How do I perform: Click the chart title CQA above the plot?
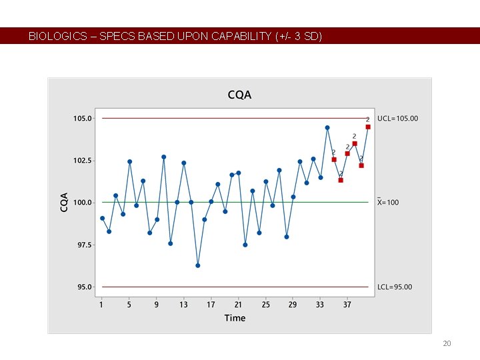(239, 95)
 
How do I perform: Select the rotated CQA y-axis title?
(65, 202)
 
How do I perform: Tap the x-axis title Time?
(235, 317)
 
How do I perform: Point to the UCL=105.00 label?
(397, 119)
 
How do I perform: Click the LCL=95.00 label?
(395, 287)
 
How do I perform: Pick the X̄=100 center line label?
(388, 202)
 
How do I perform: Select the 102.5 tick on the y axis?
(83, 161)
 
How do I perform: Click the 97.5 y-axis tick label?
(85, 245)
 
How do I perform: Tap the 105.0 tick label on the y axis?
(83, 119)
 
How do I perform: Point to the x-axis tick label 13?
(183, 305)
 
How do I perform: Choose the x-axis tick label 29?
(293, 305)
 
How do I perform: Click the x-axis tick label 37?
(347, 305)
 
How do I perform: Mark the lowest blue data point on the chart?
(197, 265)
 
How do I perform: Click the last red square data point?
(368, 127)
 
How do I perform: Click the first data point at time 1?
(102, 218)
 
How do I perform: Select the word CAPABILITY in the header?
(241, 37)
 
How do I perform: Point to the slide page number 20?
(447, 343)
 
